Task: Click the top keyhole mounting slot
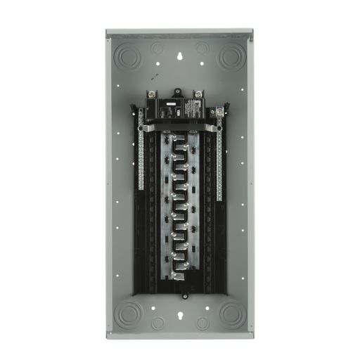point(179,52)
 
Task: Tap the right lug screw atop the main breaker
point(200,96)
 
